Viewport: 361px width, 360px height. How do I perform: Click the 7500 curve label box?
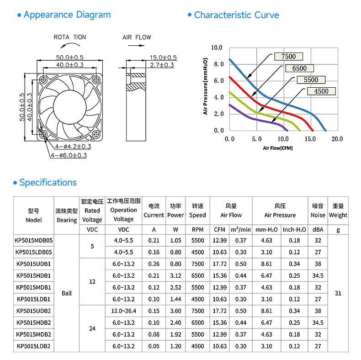coord(288,56)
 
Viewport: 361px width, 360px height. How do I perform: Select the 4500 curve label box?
coord(321,91)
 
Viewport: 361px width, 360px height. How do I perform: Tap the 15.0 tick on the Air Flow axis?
coord(310,139)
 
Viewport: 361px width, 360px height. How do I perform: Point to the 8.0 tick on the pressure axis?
coord(219,64)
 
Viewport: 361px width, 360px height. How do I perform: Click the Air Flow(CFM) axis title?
coord(278,148)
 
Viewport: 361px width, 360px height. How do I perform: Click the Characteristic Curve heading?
coord(236,15)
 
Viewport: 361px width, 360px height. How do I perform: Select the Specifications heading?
coord(48,183)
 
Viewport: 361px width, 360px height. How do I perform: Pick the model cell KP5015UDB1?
coord(34,264)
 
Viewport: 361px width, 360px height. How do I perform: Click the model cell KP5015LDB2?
coord(34,346)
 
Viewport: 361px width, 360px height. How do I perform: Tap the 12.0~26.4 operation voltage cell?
coord(124,311)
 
